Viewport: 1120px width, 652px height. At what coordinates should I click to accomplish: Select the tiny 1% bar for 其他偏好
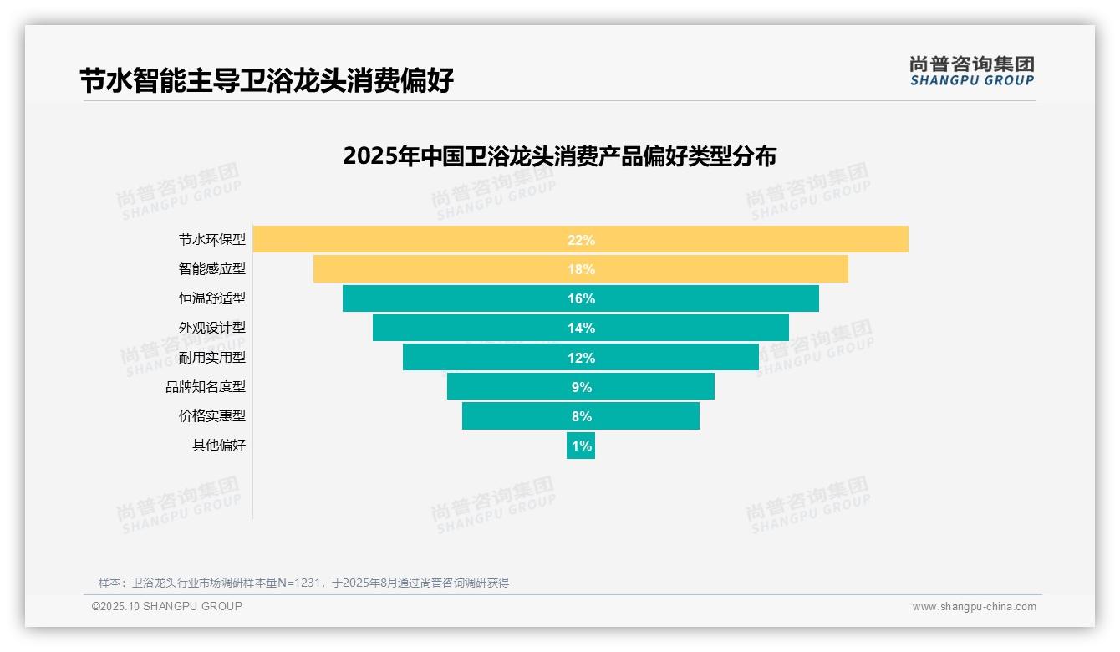click(x=581, y=446)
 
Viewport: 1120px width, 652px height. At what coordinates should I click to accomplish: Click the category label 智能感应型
click(x=212, y=269)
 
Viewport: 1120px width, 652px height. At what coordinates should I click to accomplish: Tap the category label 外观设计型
click(x=212, y=328)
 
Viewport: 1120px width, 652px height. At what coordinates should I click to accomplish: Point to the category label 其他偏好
click(x=219, y=446)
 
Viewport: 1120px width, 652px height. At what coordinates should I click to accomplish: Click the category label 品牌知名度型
click(x=206, y=386)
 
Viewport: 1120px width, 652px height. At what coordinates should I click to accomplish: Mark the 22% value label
click(x=581, y=240)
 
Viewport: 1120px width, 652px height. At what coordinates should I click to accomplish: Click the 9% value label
click(x=581, y=387)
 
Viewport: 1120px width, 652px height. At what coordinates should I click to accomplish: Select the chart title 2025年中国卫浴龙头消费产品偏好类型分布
click(x=559, y=156)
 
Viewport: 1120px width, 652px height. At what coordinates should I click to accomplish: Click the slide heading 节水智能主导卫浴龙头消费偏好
click(x=267, y=81)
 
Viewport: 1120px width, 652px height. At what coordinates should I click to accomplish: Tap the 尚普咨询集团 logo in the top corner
click(x=971, y=70)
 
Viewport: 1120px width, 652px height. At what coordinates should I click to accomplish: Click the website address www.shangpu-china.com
click(x=974, y=607)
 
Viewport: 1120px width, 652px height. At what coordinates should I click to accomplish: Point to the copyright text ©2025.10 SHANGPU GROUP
click(x=167, y=606)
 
